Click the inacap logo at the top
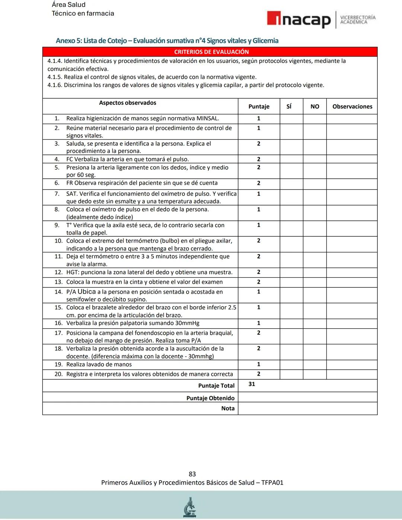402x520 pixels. (299, 19)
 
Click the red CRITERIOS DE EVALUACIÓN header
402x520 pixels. (211, 52)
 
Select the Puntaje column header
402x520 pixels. (259, 106)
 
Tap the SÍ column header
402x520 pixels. (289, 106)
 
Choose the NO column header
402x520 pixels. (315, 106)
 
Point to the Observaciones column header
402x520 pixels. (352, 106)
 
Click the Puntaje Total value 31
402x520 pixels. (252, 384)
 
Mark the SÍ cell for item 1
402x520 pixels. (291, 119)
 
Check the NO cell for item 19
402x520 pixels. (315, 364)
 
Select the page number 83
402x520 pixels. (192, 474)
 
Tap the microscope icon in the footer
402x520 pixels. (190, 507)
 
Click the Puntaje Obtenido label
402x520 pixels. (210, 398)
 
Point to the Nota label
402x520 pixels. (228, 408)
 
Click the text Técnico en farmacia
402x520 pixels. (83, 13)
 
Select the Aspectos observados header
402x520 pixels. (128, 103)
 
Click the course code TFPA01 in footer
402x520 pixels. (272, 482)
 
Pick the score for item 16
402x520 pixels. (259, 323)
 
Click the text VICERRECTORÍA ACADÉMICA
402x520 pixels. (358, 20)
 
